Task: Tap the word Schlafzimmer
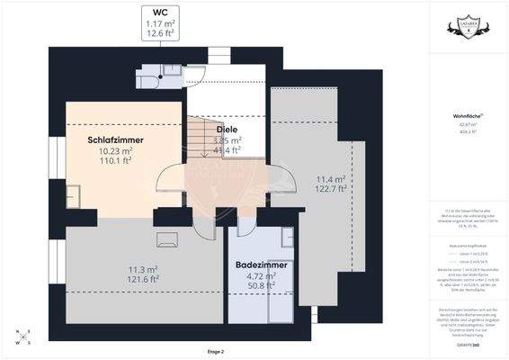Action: pyautogui.click(x=116, y=140)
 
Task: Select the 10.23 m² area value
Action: pyautogui.click(x=116, y=152)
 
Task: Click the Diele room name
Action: pyautogui.click(x=227, y=130)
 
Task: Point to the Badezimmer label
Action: pyautogui.click(x=261, y=265)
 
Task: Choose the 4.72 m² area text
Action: pyautogui.click(x=261, y=277)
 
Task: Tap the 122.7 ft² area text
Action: pyautogui.click(x=330, y=189)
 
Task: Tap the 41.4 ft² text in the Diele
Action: pyautogui.click(x=228, y=150)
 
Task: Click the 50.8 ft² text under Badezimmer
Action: pyautogui.click(x=261, y=287)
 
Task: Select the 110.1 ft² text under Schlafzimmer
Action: pyautogui.click(x=116, y=163)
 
